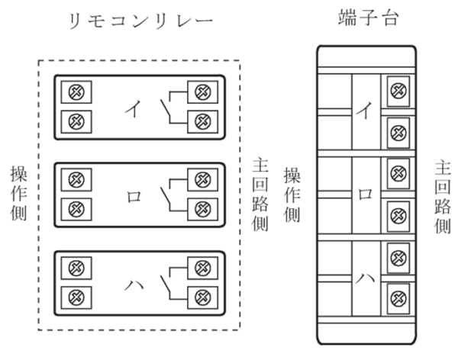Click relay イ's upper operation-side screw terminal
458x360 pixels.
(76, 93)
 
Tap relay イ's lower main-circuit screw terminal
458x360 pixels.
(202, 119)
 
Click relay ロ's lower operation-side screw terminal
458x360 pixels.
(76, 208)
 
